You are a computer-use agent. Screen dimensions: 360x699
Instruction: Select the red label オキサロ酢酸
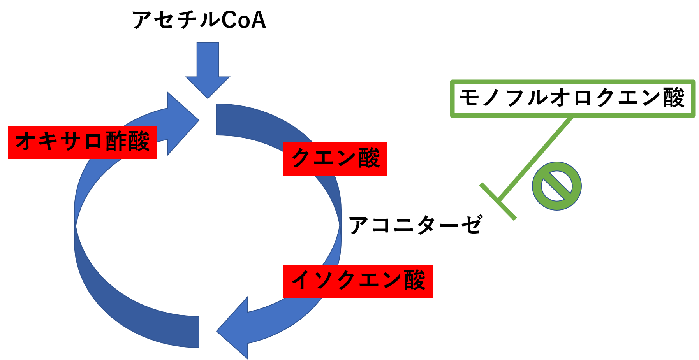[x=82, y=142]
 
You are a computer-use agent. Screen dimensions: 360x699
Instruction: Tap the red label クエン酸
[x=335, y=159]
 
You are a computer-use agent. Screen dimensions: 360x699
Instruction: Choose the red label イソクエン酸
[x=358, y=281]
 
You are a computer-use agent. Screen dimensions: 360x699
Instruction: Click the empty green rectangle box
[x=572, y=98]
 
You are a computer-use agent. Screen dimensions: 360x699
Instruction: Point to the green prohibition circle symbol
[x=556, y=186]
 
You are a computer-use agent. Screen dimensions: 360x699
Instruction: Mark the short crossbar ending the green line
[x=498, y=201]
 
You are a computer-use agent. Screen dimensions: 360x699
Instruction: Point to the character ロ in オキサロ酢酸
[x=93, y=142]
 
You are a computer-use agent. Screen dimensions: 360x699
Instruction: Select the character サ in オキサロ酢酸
[x=70, y=141]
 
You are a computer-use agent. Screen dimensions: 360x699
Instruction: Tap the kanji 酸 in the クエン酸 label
[x=369, y=158]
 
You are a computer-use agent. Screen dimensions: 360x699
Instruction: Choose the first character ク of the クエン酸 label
[x=301, y=158]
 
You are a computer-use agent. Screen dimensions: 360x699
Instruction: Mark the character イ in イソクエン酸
[x=301, y=281]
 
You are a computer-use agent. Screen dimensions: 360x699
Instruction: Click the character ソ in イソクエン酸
[x=323, y=281]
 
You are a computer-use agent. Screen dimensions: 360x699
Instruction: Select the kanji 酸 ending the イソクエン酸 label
[x=414, y=281]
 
